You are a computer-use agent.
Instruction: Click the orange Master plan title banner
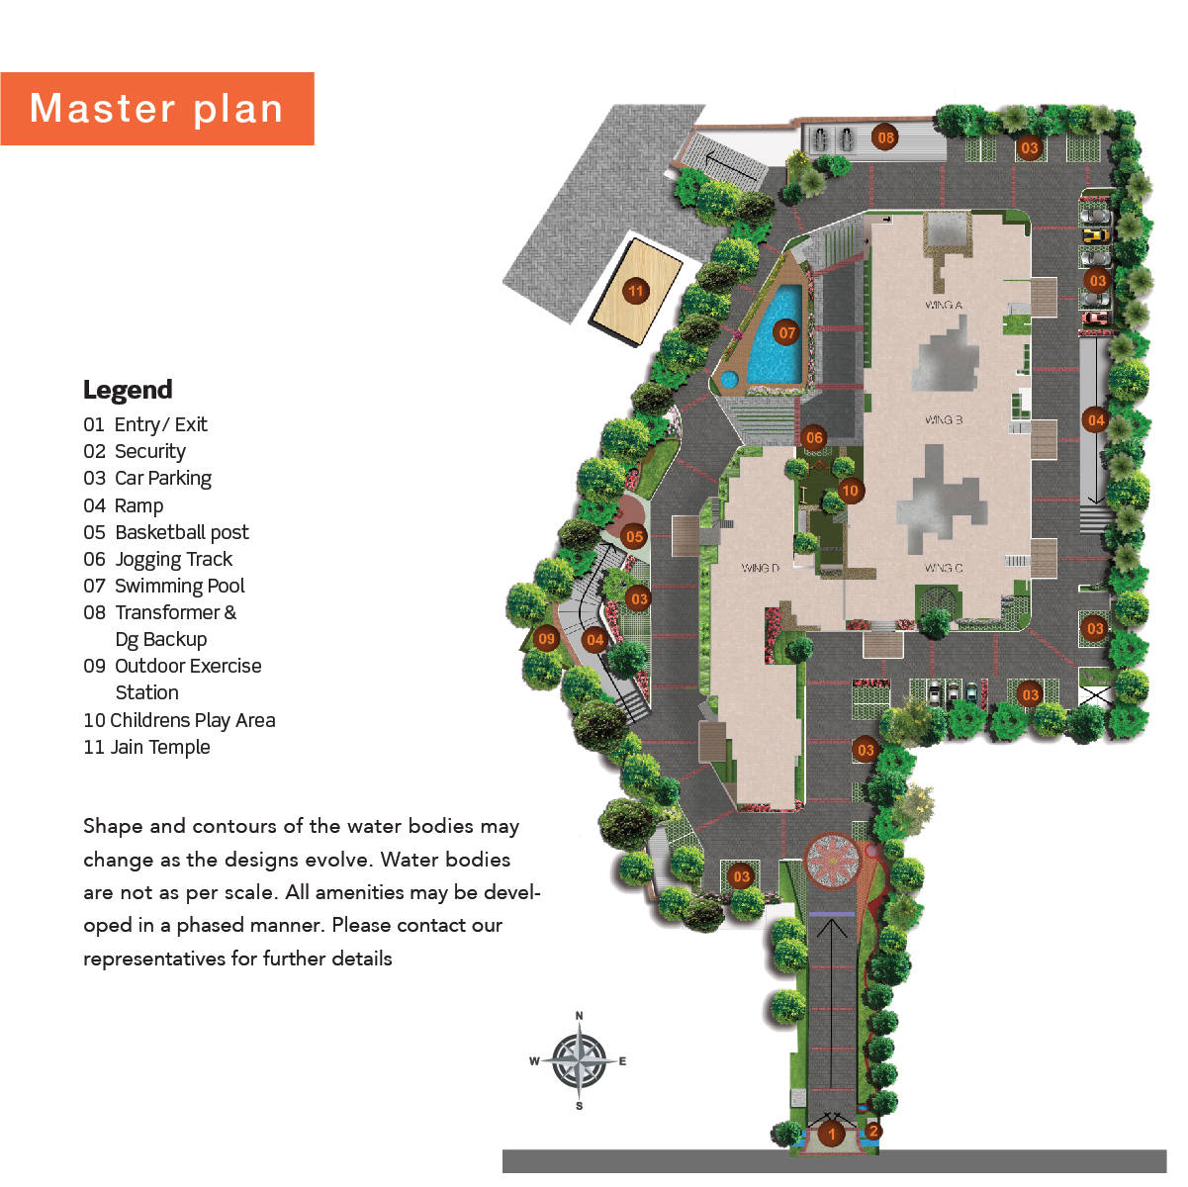(x=156, y=109)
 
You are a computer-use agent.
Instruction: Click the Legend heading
(x=128, y=390)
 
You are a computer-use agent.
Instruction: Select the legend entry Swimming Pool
(x=179, y=586)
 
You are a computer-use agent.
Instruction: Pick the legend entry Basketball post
(x=181, y=532)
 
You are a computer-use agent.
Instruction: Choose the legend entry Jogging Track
(x=173, y=559)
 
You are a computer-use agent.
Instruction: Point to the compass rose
(x=580, y=1060)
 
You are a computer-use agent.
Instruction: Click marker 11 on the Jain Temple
(x=635, y=291)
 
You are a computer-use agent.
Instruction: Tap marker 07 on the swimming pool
(x=786, y=332)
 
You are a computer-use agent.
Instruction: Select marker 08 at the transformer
(x=885, y=137)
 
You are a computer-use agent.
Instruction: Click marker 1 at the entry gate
(x=832, y=1134)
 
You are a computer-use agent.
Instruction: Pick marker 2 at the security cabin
(x=873, y=1132)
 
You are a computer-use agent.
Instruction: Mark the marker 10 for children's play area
(x=850, y=490)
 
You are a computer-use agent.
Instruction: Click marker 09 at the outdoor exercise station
(x=546, y=639)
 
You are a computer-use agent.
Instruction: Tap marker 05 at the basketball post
(x=634, y=537)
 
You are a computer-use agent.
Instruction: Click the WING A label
(x=944, y=305)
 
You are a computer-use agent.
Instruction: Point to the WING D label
(x=761, y=568)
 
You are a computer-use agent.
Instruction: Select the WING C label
(x=944, y=568)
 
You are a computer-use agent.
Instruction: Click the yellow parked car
(x=1094, y=235)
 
